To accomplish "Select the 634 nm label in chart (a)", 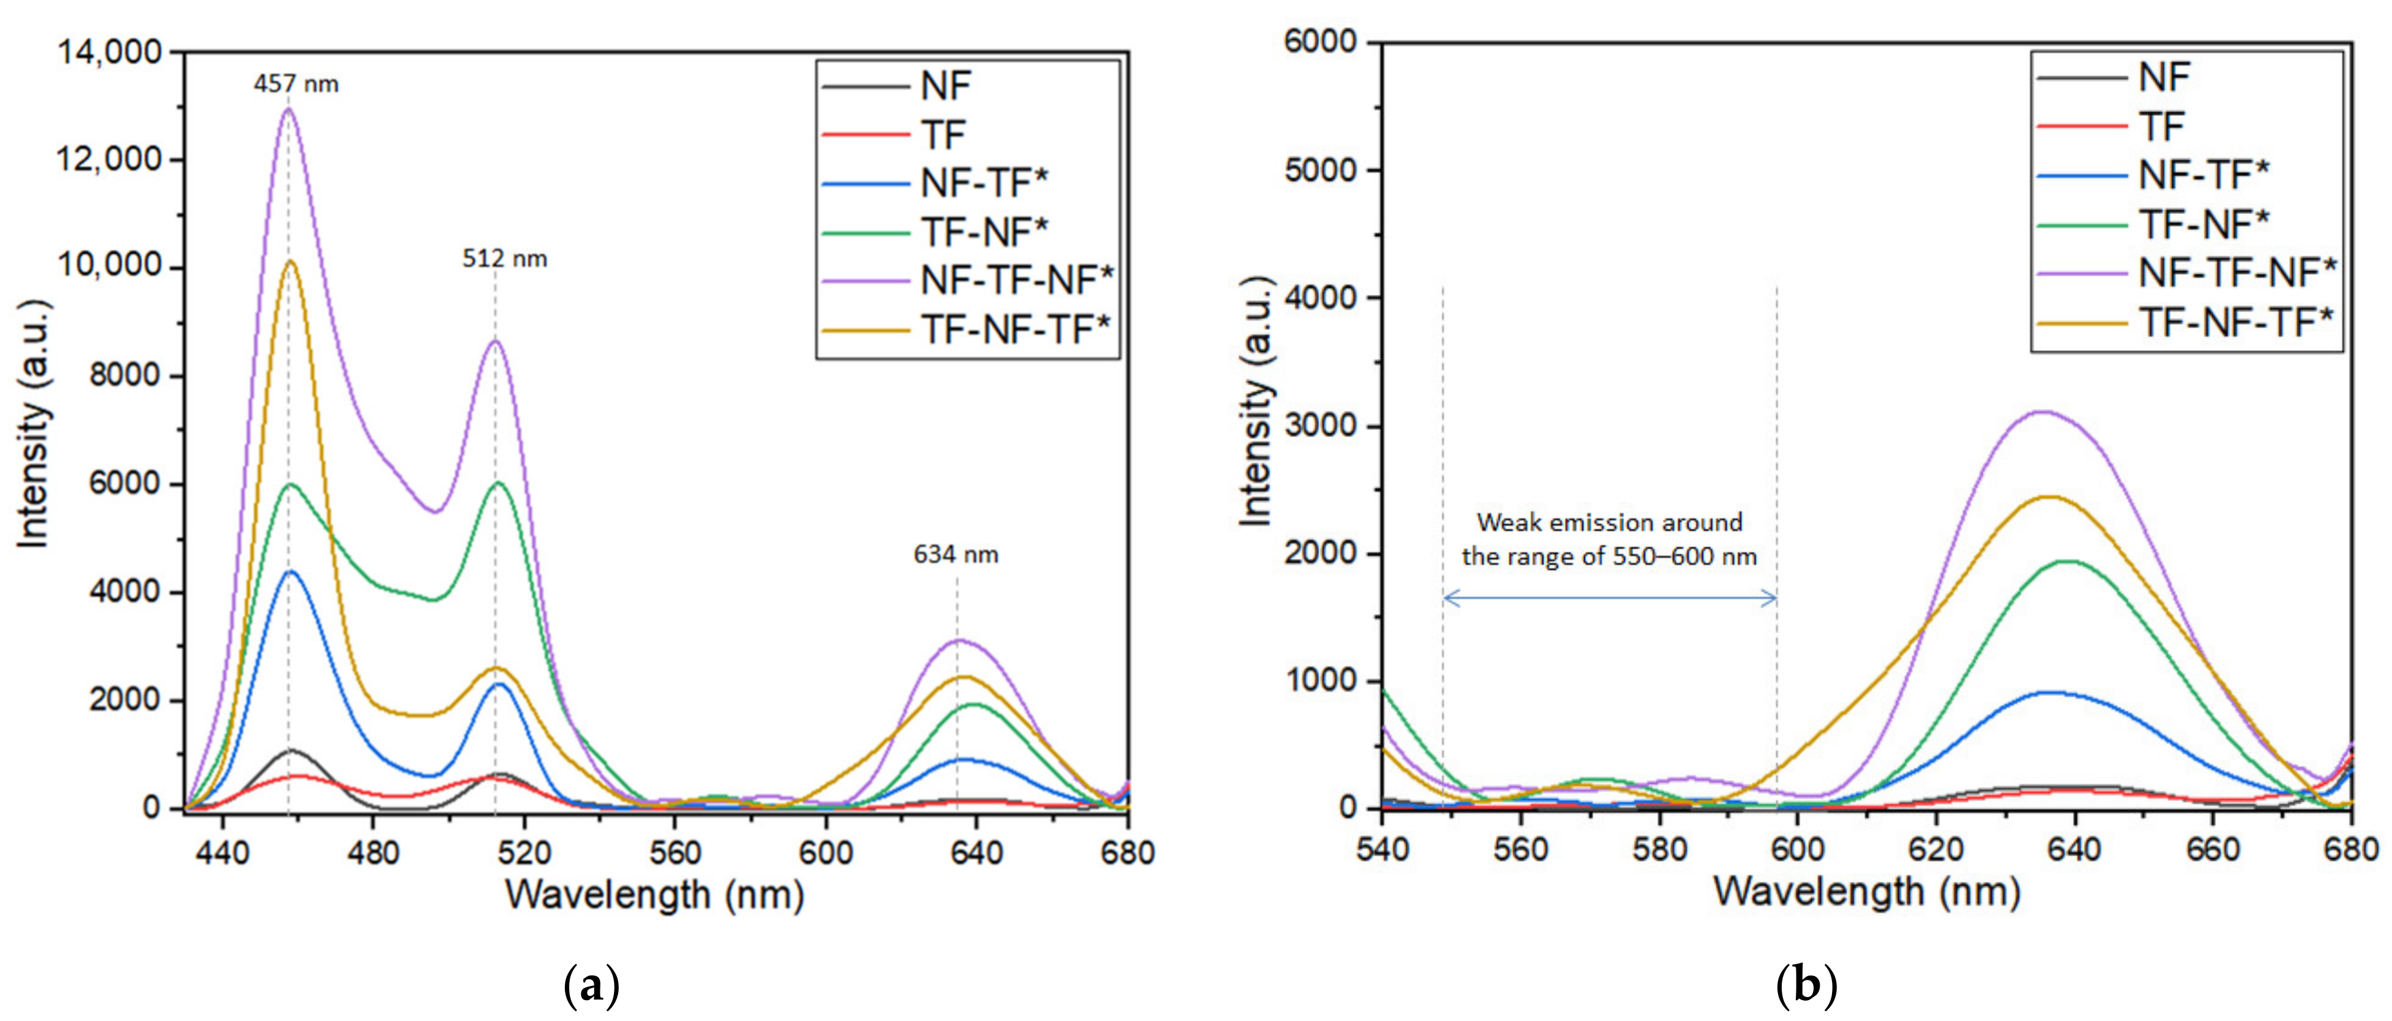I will (x=956, y=555).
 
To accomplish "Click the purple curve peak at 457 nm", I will (x=288, y=110).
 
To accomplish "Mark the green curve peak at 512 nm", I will (x=499, y=483).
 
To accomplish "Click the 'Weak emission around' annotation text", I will (x=1609, y=522).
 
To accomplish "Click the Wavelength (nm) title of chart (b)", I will (x=1866, y=892).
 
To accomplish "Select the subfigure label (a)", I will (x=591, y=985).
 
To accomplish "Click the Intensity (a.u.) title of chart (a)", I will (x=34, y=423).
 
